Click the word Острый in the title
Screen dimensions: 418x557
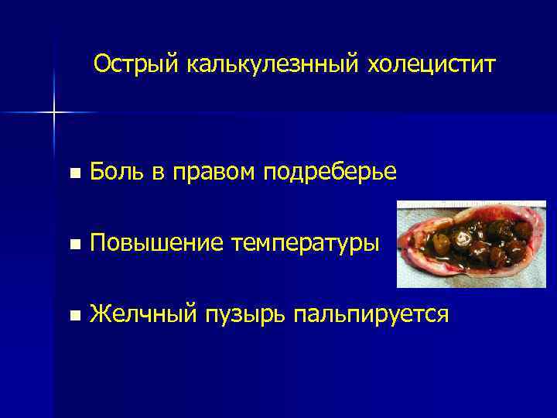tap(136, 64)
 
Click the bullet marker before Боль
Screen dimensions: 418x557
tap(73, 174)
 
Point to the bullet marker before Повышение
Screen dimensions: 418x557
tap(73, 245)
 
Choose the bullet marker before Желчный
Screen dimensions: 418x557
tap(73, 315)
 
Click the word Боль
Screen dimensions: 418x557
tap(117, 173)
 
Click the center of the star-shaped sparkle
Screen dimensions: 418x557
tap(54, 113)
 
